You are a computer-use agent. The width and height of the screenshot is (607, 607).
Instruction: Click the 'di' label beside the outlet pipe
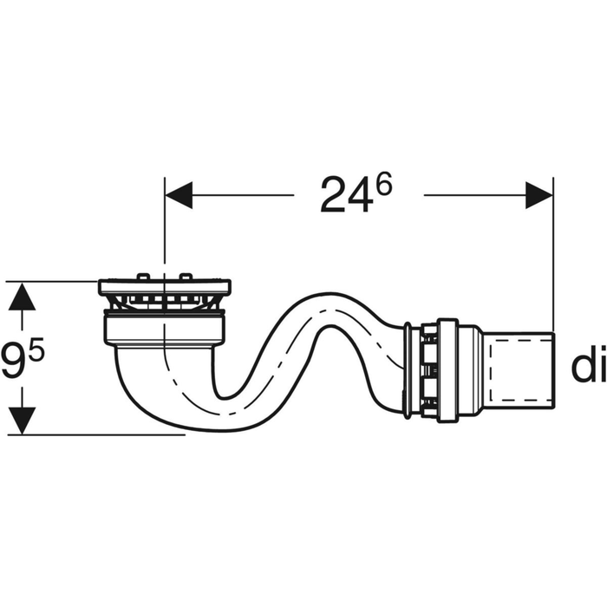(587, 368)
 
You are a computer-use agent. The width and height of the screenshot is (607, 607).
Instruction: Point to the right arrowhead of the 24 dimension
(538, 196)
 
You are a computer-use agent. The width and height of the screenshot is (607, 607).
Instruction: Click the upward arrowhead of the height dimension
(23, 297)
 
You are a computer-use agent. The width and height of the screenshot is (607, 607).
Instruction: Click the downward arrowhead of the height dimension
(23, 420)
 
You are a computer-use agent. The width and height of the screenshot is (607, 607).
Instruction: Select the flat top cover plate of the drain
(164, 287)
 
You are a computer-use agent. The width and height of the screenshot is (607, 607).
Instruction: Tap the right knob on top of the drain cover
(185, 277)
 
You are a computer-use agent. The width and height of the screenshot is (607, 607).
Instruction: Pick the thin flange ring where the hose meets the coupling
(406, 369)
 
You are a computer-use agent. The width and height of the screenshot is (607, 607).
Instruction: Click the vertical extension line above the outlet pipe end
(552, 260)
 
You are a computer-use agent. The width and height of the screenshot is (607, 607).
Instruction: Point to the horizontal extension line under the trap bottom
(104, 434)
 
